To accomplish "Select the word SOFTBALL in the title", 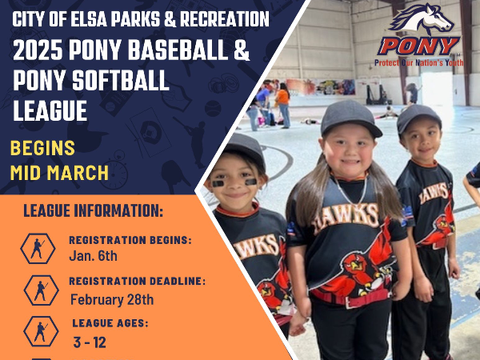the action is (x=121, y=80).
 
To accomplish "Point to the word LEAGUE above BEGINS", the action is (x=50, y=110).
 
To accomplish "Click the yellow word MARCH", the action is (x=78, y=173).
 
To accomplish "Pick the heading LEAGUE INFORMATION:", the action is (x=93, y=210).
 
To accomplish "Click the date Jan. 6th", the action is (x=93, y=256).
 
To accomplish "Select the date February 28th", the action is (x=112, y=299).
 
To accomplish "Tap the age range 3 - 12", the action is (x=90, y=342).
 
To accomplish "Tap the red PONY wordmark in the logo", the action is (x=418, y=46).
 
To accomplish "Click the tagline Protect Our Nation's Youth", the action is (x=418, y=62).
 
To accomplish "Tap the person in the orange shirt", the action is (x=283, y=105).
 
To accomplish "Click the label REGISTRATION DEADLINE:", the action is (x=138, y=281).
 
